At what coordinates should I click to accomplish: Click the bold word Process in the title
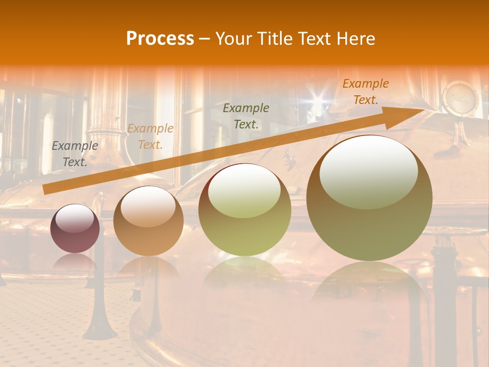(x=160, y=39)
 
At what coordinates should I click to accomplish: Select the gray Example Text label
(x=75, y=154)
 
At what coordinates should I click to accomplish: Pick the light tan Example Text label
(x=150, y=137)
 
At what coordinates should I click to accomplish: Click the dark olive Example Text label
(x=246, y=116)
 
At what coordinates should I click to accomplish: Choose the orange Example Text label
(x=365, y=92)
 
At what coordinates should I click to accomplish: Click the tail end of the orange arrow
(x=46, y=190)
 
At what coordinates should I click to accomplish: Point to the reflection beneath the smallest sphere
(x=75, y=263)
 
